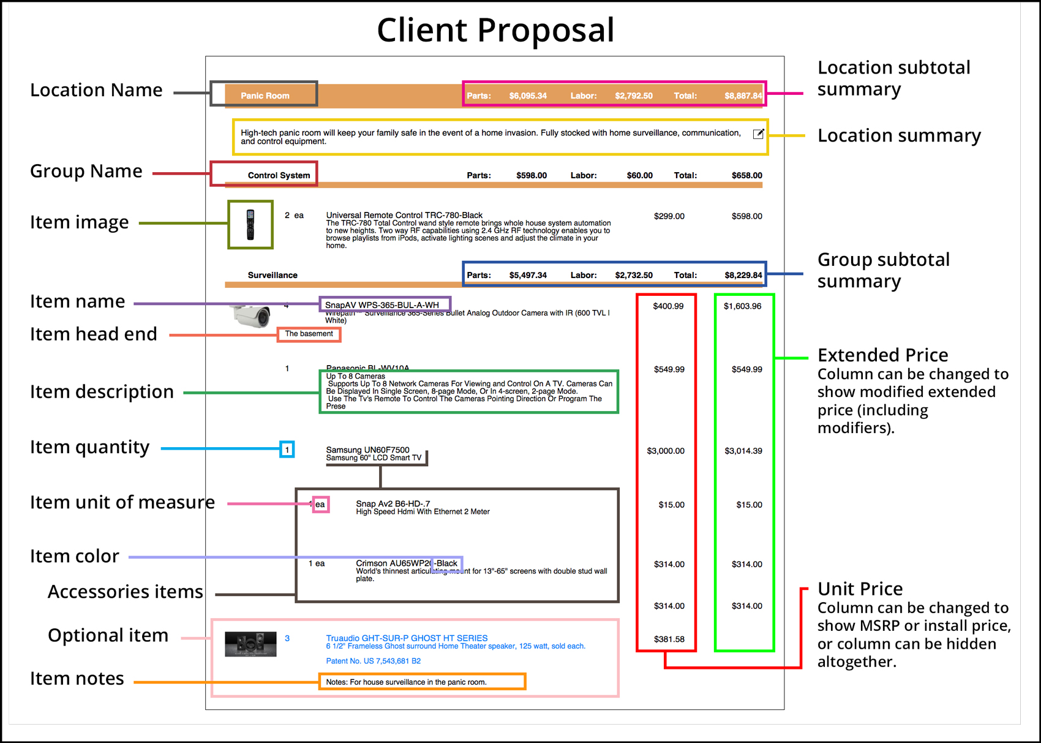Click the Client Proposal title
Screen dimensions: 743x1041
495,30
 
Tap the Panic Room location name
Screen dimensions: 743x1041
265,96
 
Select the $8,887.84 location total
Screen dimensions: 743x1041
743,96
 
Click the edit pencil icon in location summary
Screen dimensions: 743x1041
758,134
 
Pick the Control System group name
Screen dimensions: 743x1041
279,175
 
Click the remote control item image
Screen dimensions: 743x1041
250,225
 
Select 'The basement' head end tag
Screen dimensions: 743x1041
309,334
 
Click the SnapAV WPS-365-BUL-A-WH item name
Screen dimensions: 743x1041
382,304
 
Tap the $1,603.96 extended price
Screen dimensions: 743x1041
742,306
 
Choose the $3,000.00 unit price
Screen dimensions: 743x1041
666,451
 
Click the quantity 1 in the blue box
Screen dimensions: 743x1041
287,450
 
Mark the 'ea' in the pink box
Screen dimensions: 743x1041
320,504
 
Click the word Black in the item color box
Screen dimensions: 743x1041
447,563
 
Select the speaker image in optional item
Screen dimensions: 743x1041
250,644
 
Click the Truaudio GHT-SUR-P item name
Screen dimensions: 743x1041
407,638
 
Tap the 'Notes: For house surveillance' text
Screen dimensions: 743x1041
406,682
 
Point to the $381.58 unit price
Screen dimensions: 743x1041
669,639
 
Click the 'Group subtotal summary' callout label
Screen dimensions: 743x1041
883,270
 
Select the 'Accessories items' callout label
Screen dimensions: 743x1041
125,592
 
